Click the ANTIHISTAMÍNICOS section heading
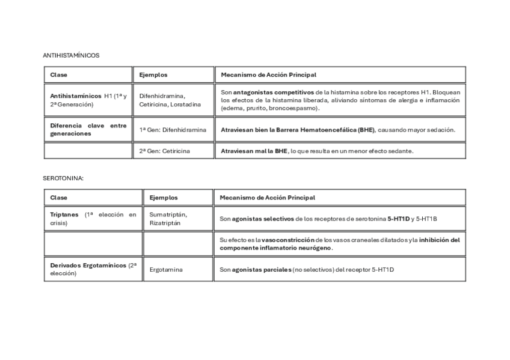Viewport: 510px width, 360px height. pyautogui.click(x=71, y=55)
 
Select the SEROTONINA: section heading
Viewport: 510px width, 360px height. pyautogui.click(x=63, y=178)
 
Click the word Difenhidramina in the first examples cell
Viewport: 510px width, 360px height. pyautogui.click(x=162, y=96)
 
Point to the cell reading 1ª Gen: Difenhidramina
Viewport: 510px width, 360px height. pyautogui.click(x=173, y=130)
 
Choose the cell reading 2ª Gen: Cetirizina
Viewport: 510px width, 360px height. pyautogui.click(x=164, y=151)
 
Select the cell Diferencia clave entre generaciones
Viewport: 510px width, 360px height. pyautogui.click(x=88, y=130)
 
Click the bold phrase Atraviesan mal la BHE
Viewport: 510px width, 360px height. pyautogui.click(x=254, y=151)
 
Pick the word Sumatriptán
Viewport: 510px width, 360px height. pyautogui.click(x=168, y=215)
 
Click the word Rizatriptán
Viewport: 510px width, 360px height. pyautogui.click(x=165, y=223)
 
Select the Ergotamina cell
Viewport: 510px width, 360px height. pyautogui.click(x=166, y=270)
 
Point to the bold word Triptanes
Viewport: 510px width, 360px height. pyautogui.click(x=64, y=215)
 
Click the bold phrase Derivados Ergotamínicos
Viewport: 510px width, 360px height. pyautogui.click(x=88, y=265)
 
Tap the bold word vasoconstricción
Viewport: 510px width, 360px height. pyautogui.click(x=288, y=240)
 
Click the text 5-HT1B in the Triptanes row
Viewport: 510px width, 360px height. pyautogui.click(x=427, y=219)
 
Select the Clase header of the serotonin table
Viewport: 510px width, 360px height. pyautogui.click(x=59, y=198)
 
